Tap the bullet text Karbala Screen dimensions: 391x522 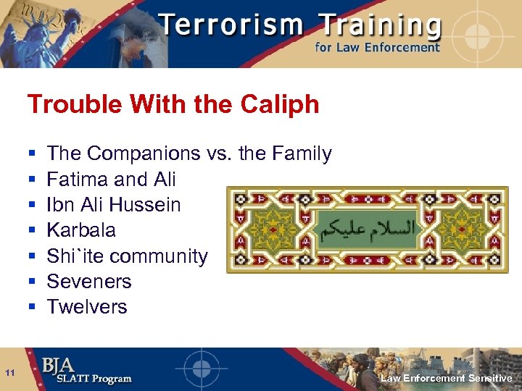pos(81,230)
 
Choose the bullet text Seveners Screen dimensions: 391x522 pos(89,281)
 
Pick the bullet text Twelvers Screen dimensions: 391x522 pos(87,306)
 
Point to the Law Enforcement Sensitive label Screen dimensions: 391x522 pos(447,378)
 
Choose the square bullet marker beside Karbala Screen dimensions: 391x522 pos(32,231)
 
